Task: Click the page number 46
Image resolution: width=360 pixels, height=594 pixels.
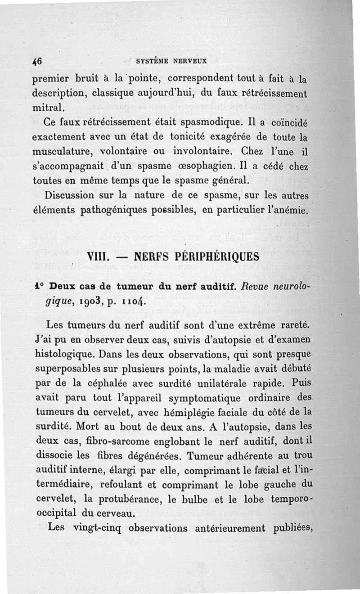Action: coord(37,62)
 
